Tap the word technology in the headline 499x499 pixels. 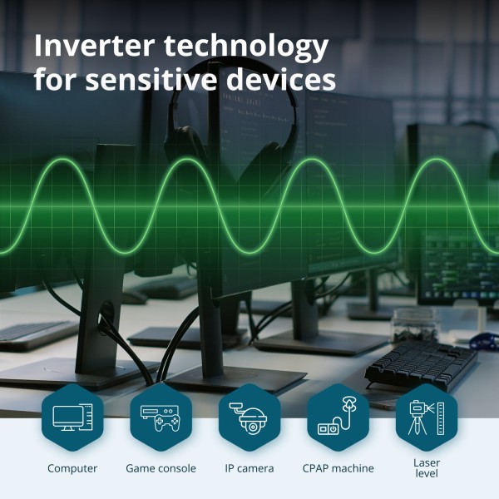pyautogui.click(x=246, y=47)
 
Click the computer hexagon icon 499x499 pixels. pyautogui.click(x=72, y=417)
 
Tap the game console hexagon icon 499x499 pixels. pyautogui.click(x=161, y=417)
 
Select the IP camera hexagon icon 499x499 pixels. pyautogui.click(x=249, y=417)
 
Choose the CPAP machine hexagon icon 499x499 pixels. pyautogui.click(x=338, y=417)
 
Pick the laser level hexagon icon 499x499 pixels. pyautogui.click(x=427, y=417)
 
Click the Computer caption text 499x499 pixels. pyautogui.click(x=72, y=468)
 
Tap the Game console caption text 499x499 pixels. pyautogui.click(x=161, y=468)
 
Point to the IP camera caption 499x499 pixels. pyautogui.click(x=249, y=468)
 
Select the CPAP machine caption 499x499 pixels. pyautogui.click(x=338, y=468)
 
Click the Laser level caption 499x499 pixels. pyautogui.click(x=427, y=467)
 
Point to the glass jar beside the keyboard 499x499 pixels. pyautogui.click(x=414, y=325)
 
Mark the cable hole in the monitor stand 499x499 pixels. pyautogui.click(x=106, y=314)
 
